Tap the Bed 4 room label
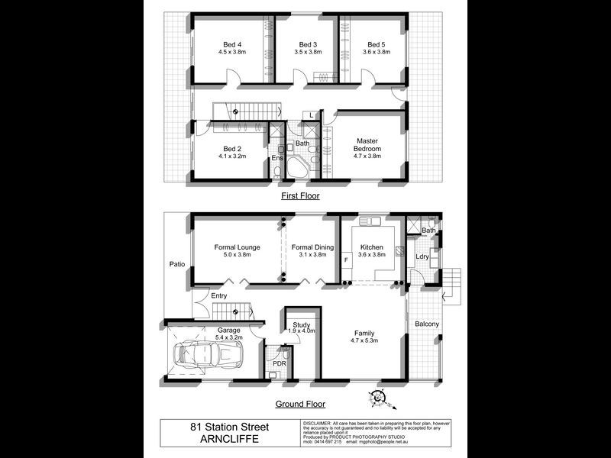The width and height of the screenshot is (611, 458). click(231, 44)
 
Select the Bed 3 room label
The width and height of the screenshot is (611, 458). click(307, 44)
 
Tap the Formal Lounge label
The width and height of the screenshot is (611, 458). click(237, 247)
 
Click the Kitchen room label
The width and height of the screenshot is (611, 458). click(372, 247)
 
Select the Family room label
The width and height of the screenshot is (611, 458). click(364, 333)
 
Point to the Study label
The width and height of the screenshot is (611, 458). click(302, 326)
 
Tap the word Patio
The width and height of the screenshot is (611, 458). click(178, 264)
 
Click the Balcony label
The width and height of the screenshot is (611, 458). click(427, 324)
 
